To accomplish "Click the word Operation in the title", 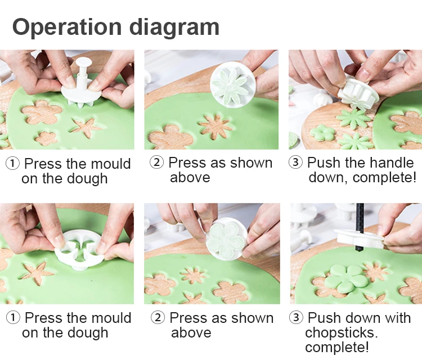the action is tap(67, 26).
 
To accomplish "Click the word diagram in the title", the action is tap(174, 27).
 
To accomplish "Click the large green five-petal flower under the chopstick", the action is tap(346, 278).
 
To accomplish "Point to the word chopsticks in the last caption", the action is tap(341, 333).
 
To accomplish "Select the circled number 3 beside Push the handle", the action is tap(295, 162).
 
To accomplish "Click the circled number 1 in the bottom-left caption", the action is tap(12, 318).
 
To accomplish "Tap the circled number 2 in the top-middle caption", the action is tap(156, 162).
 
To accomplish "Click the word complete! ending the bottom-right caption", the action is tap(336, 347).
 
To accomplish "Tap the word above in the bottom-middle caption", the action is tap(191, 332).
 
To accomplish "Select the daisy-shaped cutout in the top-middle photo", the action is tap(216, 127).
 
